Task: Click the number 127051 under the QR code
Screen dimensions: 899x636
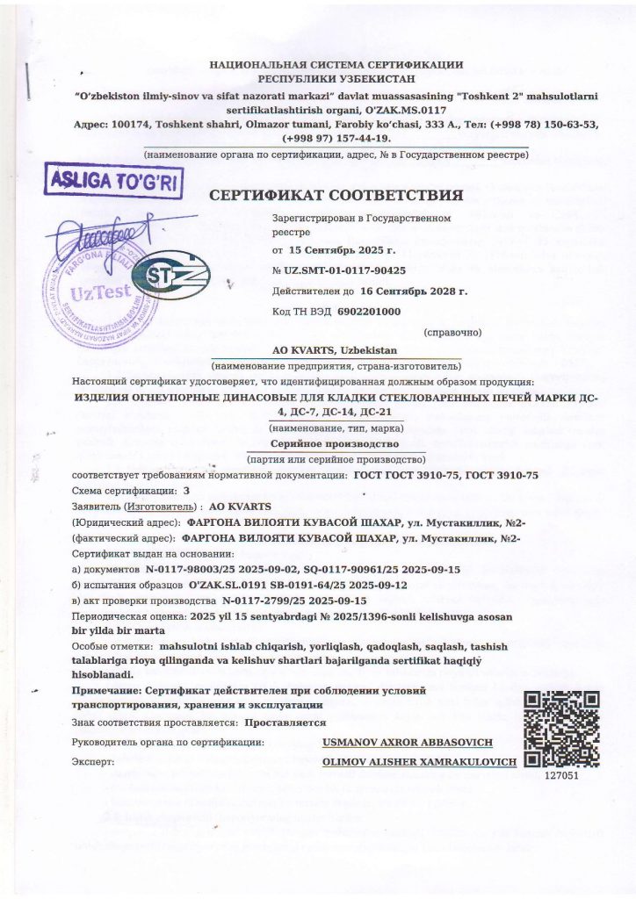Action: point(562,776)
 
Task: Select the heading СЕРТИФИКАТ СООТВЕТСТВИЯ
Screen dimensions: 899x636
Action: point(335,194)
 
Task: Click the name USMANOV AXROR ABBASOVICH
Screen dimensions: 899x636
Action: point(407,743)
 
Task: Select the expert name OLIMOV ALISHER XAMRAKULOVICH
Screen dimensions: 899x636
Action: point(419,762)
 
